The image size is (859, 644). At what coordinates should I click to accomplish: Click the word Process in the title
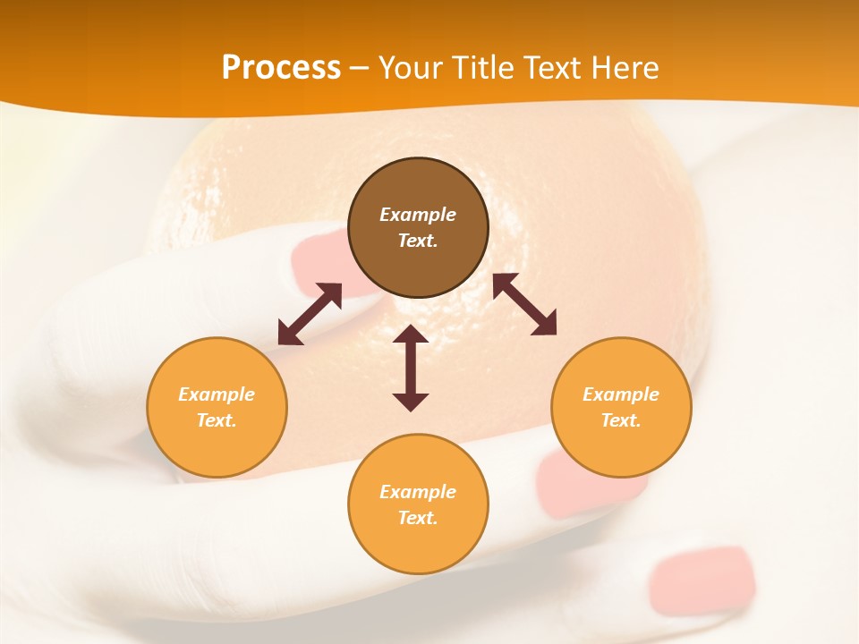coord(281,67)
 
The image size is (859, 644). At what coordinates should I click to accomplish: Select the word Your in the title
coord(412,67)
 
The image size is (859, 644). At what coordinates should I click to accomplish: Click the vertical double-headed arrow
coord(411,368)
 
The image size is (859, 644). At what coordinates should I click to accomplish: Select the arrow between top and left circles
coord(310,314)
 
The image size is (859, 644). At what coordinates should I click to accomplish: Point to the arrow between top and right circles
coord(524,304)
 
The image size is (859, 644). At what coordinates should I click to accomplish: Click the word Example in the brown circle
coord(418,215)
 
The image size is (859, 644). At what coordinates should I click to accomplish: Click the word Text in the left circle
coord(217,420)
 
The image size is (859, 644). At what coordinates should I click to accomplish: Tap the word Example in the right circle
coord(621,394)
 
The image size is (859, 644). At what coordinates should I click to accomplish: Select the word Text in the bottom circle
coord(418,518)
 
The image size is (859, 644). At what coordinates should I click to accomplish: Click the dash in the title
coord(360,67)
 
